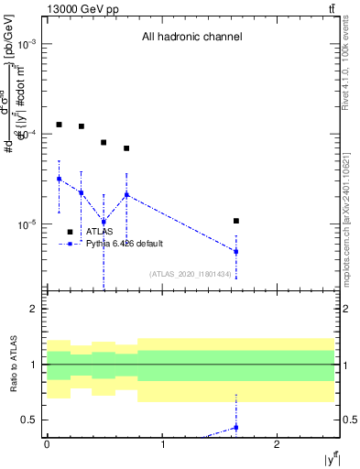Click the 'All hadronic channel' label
[191, 38]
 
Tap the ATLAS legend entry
[99, 232]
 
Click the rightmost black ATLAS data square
[236, 221]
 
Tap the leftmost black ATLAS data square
[59, 125]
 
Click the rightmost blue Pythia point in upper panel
[236, 251]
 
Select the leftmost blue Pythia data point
[59, 179]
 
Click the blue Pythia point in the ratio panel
[236, 428]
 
